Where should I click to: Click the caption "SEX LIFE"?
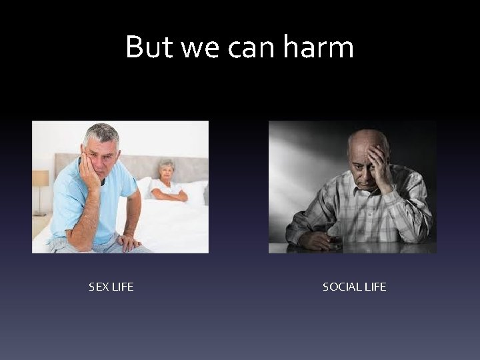coord(111,287)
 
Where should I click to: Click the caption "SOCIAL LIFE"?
coord(354,287)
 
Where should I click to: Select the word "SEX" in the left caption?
coord(99,287)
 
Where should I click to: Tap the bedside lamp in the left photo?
coord(41,179)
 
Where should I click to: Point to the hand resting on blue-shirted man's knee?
coord(128,241)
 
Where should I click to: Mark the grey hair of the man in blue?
coord(100,131)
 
